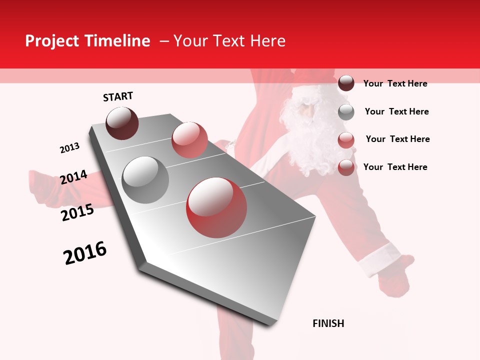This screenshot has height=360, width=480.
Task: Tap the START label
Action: tap(118, 96)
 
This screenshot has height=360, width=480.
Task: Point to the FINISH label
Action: tap(328, 323)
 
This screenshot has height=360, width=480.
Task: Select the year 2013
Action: tap(69, 148)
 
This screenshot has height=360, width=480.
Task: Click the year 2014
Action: tap(73, 177)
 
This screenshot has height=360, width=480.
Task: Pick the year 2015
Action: tap(77, 212)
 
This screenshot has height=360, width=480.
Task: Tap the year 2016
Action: tap(85, 253)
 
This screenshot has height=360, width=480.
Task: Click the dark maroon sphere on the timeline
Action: tap(122, 123)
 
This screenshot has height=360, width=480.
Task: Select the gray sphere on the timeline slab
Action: tap(145, 180)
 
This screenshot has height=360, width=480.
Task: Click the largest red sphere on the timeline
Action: tap(216, 207)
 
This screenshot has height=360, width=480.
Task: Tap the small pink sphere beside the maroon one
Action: tap(189, 139)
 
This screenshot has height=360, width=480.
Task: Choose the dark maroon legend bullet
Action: tap(346, 83)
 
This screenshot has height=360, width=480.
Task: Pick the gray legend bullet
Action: tap(346, 111)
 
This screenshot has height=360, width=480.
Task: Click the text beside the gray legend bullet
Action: tap(396, 111)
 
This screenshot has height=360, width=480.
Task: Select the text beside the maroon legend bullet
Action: tap(395, 83)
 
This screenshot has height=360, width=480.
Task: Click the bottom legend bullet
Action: tap(346, 167)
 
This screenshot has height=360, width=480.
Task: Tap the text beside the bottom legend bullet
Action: tap(395, 167)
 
